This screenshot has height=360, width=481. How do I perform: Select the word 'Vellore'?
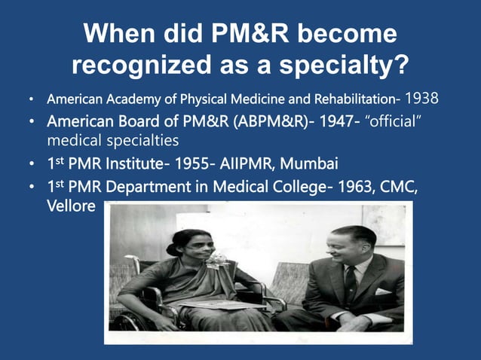[x=71, y=206]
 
